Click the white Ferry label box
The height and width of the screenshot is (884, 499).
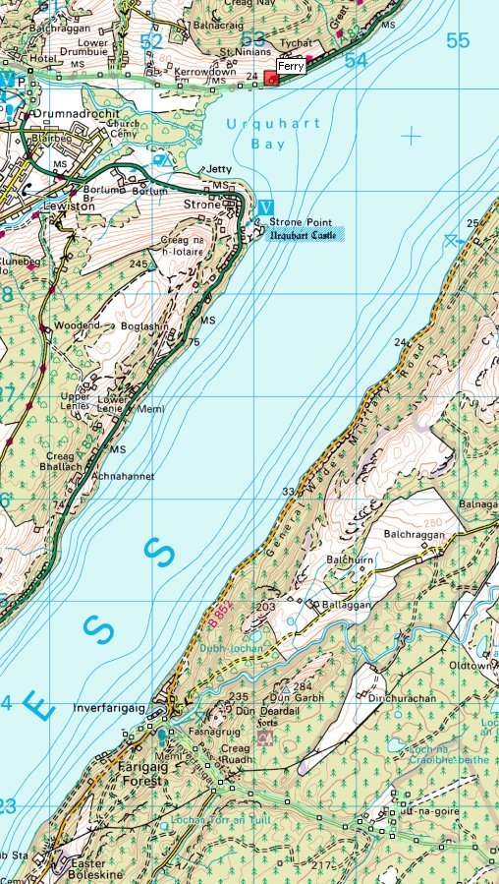click(x=290, y=66)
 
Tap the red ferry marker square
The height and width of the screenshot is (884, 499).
click(x=271, y=79)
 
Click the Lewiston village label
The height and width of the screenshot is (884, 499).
click(x=67, y=206)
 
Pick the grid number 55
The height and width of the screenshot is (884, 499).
click(x=458, y=40)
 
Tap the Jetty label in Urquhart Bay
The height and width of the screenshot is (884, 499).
click(x=219, y=169)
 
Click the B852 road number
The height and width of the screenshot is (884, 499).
click(x=220, y=618)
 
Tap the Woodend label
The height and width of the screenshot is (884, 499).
click(x=78, y=325)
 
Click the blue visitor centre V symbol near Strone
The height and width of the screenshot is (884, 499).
click(x=265, y=207)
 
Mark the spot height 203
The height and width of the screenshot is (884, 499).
click(x=265, y=608)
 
